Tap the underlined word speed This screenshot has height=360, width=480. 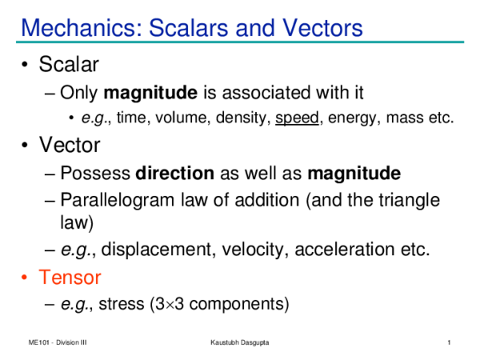(x=294, y=118)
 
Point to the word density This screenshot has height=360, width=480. (x=244, y=118)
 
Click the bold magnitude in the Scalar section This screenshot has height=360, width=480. (x=146, y=92)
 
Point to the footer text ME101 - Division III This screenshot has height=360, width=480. (x=56, y=343)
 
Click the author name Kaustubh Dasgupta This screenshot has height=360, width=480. (x=239, y=343)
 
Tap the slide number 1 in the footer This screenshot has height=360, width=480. (x=452, y=343)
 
